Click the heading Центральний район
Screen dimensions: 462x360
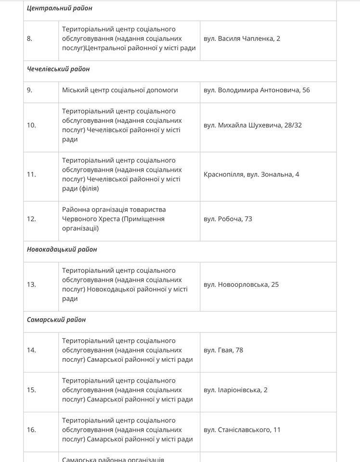coord(60,8)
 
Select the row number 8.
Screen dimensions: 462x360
coord(30,38)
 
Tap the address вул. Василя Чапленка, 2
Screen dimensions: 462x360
coord(242,38)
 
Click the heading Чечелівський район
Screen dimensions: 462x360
coord(58,69)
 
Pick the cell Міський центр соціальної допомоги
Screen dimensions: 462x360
coord(120,90)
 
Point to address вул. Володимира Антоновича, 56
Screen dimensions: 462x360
coord(257,90)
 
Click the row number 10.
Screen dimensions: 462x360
coord(31,125)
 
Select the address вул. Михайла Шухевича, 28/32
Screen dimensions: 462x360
coord(253,125)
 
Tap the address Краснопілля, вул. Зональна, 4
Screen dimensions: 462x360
coord(251,174)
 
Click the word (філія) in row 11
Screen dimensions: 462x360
coord(88,189)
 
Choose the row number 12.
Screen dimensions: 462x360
coord(31,219)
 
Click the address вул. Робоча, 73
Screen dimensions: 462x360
coord(228,219)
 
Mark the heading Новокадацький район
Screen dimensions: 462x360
coord(62,249)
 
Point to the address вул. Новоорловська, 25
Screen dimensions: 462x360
coord(241,284)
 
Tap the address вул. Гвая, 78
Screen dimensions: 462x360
coord(223,350)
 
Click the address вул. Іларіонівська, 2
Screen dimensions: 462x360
coord(235,390)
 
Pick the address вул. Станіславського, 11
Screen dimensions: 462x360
coord(242,429)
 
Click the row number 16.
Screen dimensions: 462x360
coord(31,429)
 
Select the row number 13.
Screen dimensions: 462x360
coord(31,284)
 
